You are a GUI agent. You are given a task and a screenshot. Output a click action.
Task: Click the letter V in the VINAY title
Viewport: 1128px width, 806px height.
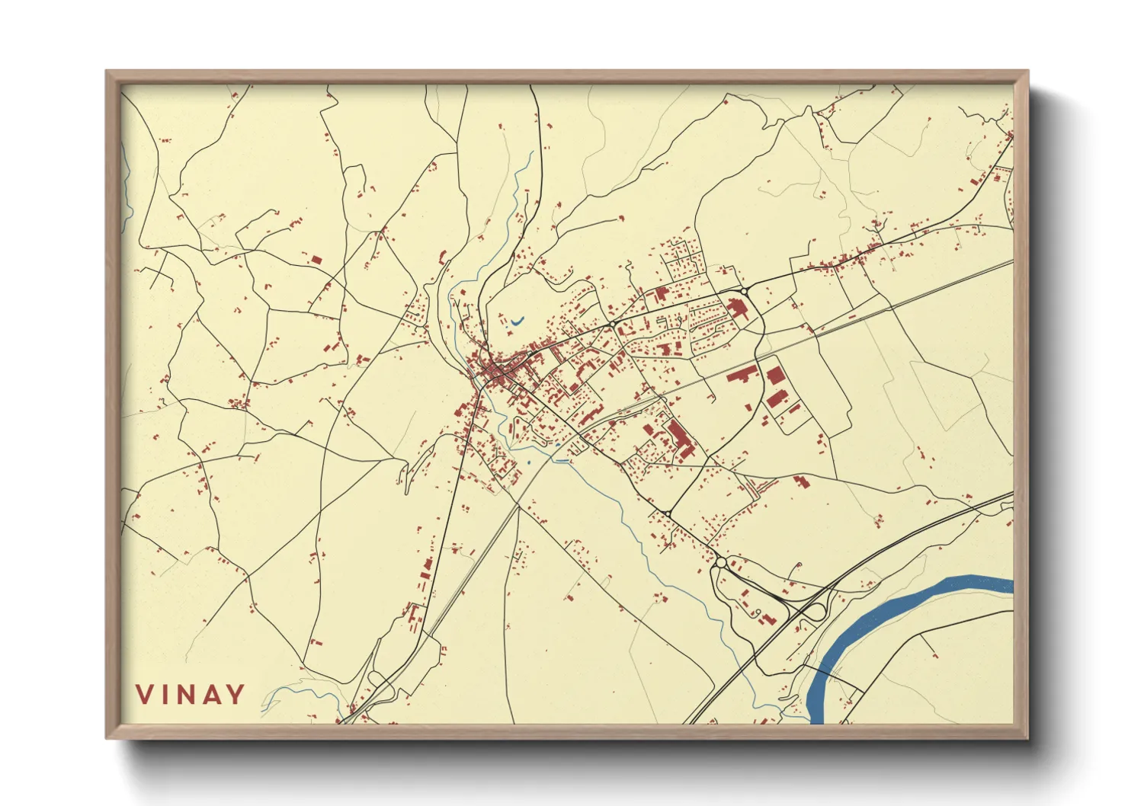pos(145,695)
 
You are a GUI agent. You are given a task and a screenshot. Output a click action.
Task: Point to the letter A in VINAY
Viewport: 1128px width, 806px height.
pos(212,695)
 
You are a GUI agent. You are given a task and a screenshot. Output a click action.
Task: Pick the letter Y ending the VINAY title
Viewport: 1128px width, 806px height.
pos(236,695)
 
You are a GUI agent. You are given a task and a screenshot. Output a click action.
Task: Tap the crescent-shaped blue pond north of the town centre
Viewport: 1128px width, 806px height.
pos(517,321)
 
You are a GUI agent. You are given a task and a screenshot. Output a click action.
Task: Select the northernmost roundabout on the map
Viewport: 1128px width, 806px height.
pos(743,291)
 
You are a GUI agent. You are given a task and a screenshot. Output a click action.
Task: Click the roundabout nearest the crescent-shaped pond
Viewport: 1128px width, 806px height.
pos(612,325)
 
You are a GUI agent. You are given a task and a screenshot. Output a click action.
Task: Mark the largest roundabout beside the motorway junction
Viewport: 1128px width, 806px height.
pos(720,563)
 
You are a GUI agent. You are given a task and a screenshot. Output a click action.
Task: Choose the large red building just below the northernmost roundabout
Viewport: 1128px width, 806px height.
pos(736,309)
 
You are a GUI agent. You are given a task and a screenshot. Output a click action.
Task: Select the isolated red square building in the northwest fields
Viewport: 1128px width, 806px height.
pos(316,260)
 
